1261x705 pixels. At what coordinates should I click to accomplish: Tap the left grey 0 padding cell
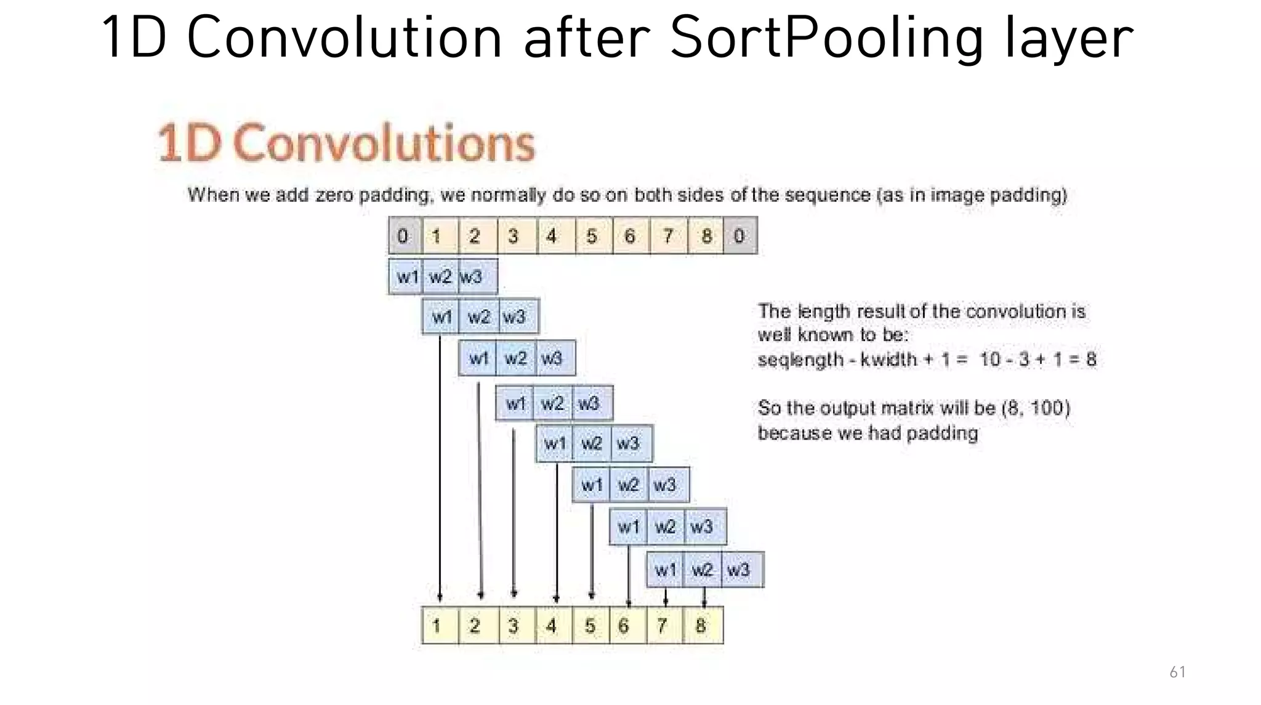[x=404, y=236]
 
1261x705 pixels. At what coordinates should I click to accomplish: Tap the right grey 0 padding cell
[x=739, y=236]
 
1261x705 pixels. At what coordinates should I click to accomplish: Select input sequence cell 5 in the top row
[x=592, y=236]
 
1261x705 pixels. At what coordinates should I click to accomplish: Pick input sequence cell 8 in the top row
[x=706, y=236]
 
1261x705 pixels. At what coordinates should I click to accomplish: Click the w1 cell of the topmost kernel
[x=406, y=277]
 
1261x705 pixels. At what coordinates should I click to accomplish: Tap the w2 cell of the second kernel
[x=478, y=317]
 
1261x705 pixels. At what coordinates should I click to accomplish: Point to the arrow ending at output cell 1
[x=440, y=468]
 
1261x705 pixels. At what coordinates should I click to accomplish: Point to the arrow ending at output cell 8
[x=704, y=596]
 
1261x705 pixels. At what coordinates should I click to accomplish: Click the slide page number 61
[x=1177, y=672]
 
